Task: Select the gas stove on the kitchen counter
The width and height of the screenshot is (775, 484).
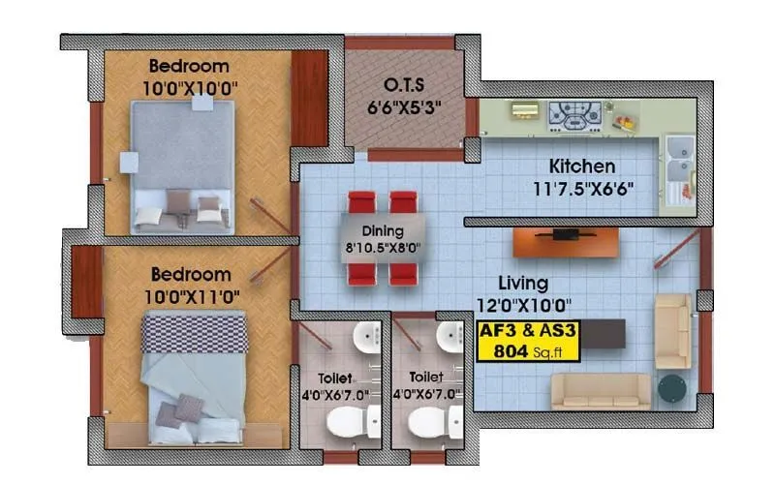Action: pyautogui.click(x=574, y=114)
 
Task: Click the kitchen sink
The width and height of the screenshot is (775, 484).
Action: pyautogui.click(x=679, y=152)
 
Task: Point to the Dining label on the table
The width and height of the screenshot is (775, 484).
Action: pyautogui.click(x=381, y=231)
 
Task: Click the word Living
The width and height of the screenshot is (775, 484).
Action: pyautogui.click(x=523, y=284)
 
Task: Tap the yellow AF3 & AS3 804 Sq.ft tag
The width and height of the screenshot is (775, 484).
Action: pyautogui.click(x=529, y=340)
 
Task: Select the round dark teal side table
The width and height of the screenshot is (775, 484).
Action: pyautogui.click(x=671, y=388)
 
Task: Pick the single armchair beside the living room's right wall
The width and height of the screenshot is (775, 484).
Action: pyautogui.click(x=672, y=332)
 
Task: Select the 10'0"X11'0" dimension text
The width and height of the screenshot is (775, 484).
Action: pyautogui.click(x=190, y=294)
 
